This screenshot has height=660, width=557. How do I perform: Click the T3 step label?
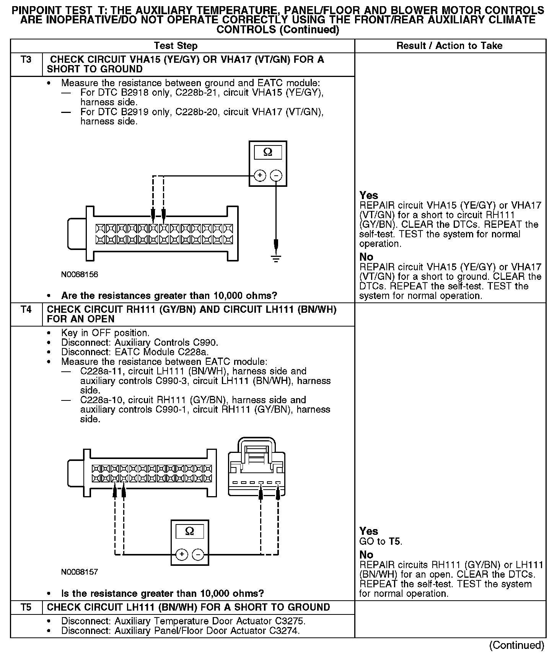pyautogui.click(x=26, y=60)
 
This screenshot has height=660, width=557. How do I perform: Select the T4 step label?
pyautogui.click(x=26, y=309)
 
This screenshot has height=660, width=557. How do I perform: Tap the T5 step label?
pyautogui.click(x=26, y=607)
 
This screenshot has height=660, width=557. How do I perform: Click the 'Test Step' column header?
pyautogui.click(x=176, y=46)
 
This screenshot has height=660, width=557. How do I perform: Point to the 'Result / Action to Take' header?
pyautogui.click(x=449, y=46)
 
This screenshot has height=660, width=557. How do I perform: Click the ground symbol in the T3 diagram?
pyautogui.click(x=276, y=258)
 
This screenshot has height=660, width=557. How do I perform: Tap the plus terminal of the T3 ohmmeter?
pyautogui.click(x=260, y=176)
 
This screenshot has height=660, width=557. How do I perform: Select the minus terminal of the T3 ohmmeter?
pyautogui.click(x=276, y=176)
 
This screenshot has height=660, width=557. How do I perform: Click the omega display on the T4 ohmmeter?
pyautogui.click(x=189, y=531)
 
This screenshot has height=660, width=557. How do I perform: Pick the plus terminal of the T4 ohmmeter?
pyautogui.click(x=181, y=554)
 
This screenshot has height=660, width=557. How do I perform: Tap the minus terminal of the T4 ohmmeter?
pyautogui.click(x=198, y=554)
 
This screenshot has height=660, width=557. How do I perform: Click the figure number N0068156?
pyautogui.click(x=80, y=274)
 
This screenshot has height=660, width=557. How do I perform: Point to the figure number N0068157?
pyautogui.click(x=80, y=572)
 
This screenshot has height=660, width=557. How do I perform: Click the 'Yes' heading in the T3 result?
pyautogui.click(x=368, y=195)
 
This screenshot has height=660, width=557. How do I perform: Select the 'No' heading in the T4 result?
pyautogui.click(x=366, y=555)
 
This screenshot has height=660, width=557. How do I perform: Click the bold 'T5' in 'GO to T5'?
pyautogui.click(x=395, y=541)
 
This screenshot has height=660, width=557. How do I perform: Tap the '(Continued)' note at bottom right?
pyautogui.click(x=516, y=645)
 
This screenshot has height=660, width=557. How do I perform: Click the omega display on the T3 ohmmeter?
pyautogui.click(x=268, y=152)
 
